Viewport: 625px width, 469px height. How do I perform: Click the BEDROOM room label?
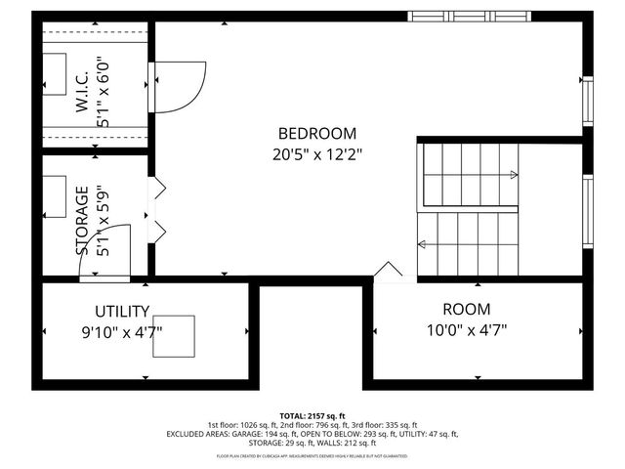click(x=317, y=134)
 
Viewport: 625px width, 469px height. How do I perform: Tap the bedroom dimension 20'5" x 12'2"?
click(x=317, y=153)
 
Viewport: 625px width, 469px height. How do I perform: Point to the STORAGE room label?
click(x=83, y=221)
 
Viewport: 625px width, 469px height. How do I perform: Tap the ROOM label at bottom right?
click(x=465, y=308)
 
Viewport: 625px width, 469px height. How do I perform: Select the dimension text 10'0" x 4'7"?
click(x=465, y=329)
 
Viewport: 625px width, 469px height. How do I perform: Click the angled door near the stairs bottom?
click(x=389, y=272)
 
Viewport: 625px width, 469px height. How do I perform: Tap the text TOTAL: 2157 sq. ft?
click(x=312, y=414)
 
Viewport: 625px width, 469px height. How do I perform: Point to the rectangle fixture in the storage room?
click(x=54, y=195)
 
